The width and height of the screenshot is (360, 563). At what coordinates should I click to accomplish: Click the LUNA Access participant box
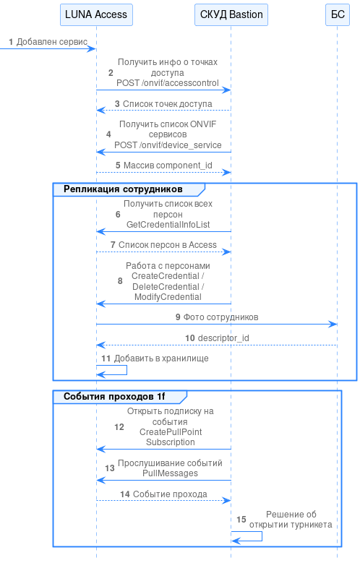point(96,14)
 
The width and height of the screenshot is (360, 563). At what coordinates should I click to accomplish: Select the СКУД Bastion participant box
point(231,14)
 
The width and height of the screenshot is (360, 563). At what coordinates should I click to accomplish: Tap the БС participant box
point(338,14)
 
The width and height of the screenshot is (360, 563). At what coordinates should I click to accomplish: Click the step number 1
point(11,42)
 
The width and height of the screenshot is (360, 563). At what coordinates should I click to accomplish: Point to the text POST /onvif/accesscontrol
point(168,83)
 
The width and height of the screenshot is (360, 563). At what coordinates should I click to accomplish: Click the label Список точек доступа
point(168,104)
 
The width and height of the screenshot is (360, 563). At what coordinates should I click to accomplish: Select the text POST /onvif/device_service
point(168,145)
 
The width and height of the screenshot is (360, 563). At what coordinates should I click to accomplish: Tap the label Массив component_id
point(168,166)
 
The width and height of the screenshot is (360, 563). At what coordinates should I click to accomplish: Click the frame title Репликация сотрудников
point(123,189)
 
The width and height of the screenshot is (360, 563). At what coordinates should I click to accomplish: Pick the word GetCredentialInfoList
point(168,225)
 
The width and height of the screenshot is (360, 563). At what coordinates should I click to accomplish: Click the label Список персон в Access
point(168,245)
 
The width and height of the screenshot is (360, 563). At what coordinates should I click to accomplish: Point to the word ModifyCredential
point(168,297)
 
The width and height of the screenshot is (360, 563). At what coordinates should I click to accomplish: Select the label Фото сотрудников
point(221,317)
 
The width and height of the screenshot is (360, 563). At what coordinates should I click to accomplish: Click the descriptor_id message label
point(223,338)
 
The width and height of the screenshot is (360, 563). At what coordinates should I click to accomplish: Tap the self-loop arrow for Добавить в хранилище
point(127,370)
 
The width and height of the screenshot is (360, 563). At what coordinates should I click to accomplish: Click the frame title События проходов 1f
point(114,396)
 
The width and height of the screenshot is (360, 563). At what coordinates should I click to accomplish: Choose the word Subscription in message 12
point(171,442)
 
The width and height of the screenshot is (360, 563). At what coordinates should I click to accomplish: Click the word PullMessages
point(170,473)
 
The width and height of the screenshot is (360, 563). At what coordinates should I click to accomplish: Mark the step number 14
point(124,494)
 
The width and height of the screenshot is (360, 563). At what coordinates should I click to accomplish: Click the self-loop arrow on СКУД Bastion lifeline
point(262,536)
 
